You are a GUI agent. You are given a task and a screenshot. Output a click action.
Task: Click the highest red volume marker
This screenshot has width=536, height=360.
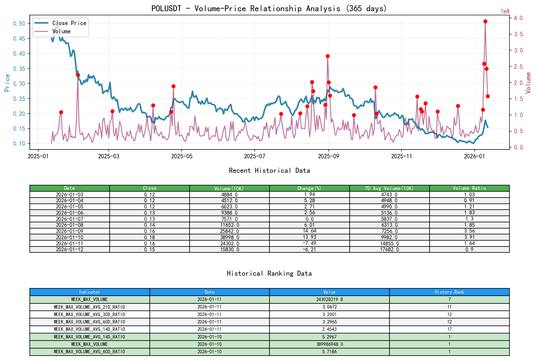pos(485,22)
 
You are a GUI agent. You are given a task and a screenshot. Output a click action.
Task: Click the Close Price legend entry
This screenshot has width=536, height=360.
pos(69,23)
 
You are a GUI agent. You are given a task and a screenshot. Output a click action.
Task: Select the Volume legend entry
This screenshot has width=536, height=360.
pos(61,31)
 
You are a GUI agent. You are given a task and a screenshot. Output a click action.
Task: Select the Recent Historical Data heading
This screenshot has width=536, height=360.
pos(269,170)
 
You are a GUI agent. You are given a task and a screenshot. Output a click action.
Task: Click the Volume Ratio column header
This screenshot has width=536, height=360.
pos(469,188)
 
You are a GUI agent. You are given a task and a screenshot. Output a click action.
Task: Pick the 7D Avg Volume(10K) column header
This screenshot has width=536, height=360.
pos(389,188)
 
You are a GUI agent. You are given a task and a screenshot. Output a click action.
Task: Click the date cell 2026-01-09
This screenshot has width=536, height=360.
pos(70,231)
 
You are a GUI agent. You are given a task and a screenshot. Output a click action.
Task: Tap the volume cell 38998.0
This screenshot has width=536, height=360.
pos(229,237)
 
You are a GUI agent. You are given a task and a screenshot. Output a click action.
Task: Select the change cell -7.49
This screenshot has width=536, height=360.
pos(309,243)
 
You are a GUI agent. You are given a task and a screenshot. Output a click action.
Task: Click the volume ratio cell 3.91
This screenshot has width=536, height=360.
pos(469,237)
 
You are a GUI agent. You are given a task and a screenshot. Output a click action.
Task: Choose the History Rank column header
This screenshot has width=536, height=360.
pos(449,292)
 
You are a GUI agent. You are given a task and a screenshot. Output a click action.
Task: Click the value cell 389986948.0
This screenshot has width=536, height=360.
pos(329,344)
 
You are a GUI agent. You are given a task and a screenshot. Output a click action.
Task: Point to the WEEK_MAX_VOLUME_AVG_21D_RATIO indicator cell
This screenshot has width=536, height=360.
pos(89,307)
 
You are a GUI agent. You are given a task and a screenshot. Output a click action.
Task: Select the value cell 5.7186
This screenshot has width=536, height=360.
pos(329,351)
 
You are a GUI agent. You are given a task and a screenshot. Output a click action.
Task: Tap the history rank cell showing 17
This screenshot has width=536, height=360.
pos(449,329)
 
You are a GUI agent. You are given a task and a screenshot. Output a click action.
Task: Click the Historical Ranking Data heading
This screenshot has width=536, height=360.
pos(269,273)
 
